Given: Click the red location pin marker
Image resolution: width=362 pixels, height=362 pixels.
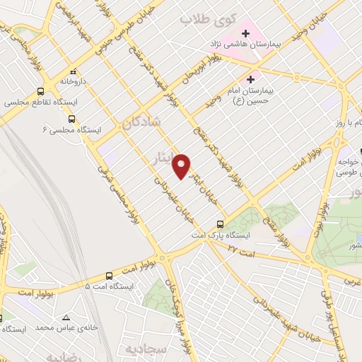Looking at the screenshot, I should coord(182,165).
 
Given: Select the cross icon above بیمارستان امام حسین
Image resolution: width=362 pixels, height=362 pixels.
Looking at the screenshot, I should coord(251,79).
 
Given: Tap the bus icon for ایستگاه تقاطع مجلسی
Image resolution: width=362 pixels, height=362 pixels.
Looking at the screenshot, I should coord(40,91).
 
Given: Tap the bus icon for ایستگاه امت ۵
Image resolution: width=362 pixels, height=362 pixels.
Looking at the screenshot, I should coord(109,275).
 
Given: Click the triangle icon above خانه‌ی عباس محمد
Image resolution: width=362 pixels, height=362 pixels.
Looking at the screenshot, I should coord(66,317).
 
